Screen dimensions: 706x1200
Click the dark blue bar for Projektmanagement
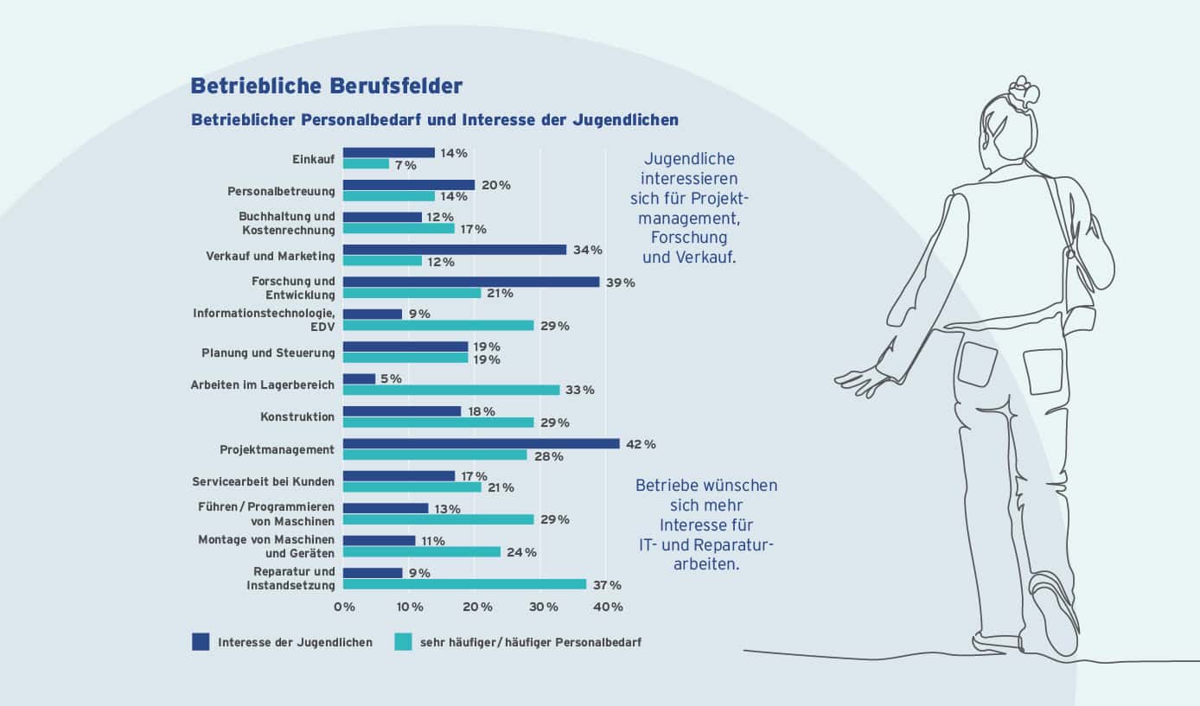tap(481, 444)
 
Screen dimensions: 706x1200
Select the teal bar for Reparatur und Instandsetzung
tap(464, 584)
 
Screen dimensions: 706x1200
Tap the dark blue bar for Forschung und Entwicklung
tap(471, 282)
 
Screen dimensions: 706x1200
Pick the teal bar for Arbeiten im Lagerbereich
tap(451, 390)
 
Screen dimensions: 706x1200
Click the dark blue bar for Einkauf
tap(389, 153)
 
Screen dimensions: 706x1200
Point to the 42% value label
tap(641, 444)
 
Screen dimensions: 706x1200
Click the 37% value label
tap(606, 585)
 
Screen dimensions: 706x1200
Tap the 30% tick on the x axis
tap(543, 607)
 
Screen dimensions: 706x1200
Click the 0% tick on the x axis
tap(344, 607)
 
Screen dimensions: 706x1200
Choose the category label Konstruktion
tap(297, 417)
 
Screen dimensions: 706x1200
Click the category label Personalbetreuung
tap(280, 191)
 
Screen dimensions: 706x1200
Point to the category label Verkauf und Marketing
tap(270, 256)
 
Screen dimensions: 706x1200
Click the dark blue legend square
tap(201, 642)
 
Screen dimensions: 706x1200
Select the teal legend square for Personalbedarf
tap(403, 642)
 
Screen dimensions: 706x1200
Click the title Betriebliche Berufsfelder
tap(327, 86)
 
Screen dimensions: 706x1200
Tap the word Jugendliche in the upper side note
tap(689, 160)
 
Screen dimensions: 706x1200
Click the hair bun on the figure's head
tap(1024, 89)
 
